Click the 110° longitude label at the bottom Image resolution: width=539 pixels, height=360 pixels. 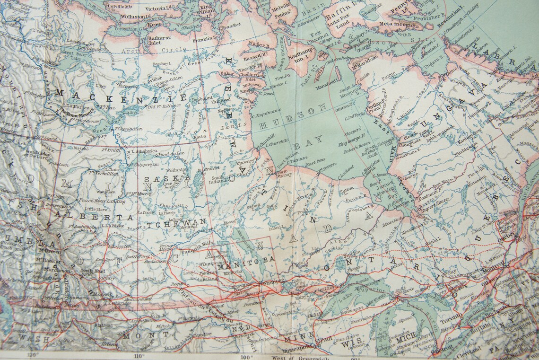(139, 355)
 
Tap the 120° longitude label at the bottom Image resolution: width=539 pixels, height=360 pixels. (32, 355)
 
